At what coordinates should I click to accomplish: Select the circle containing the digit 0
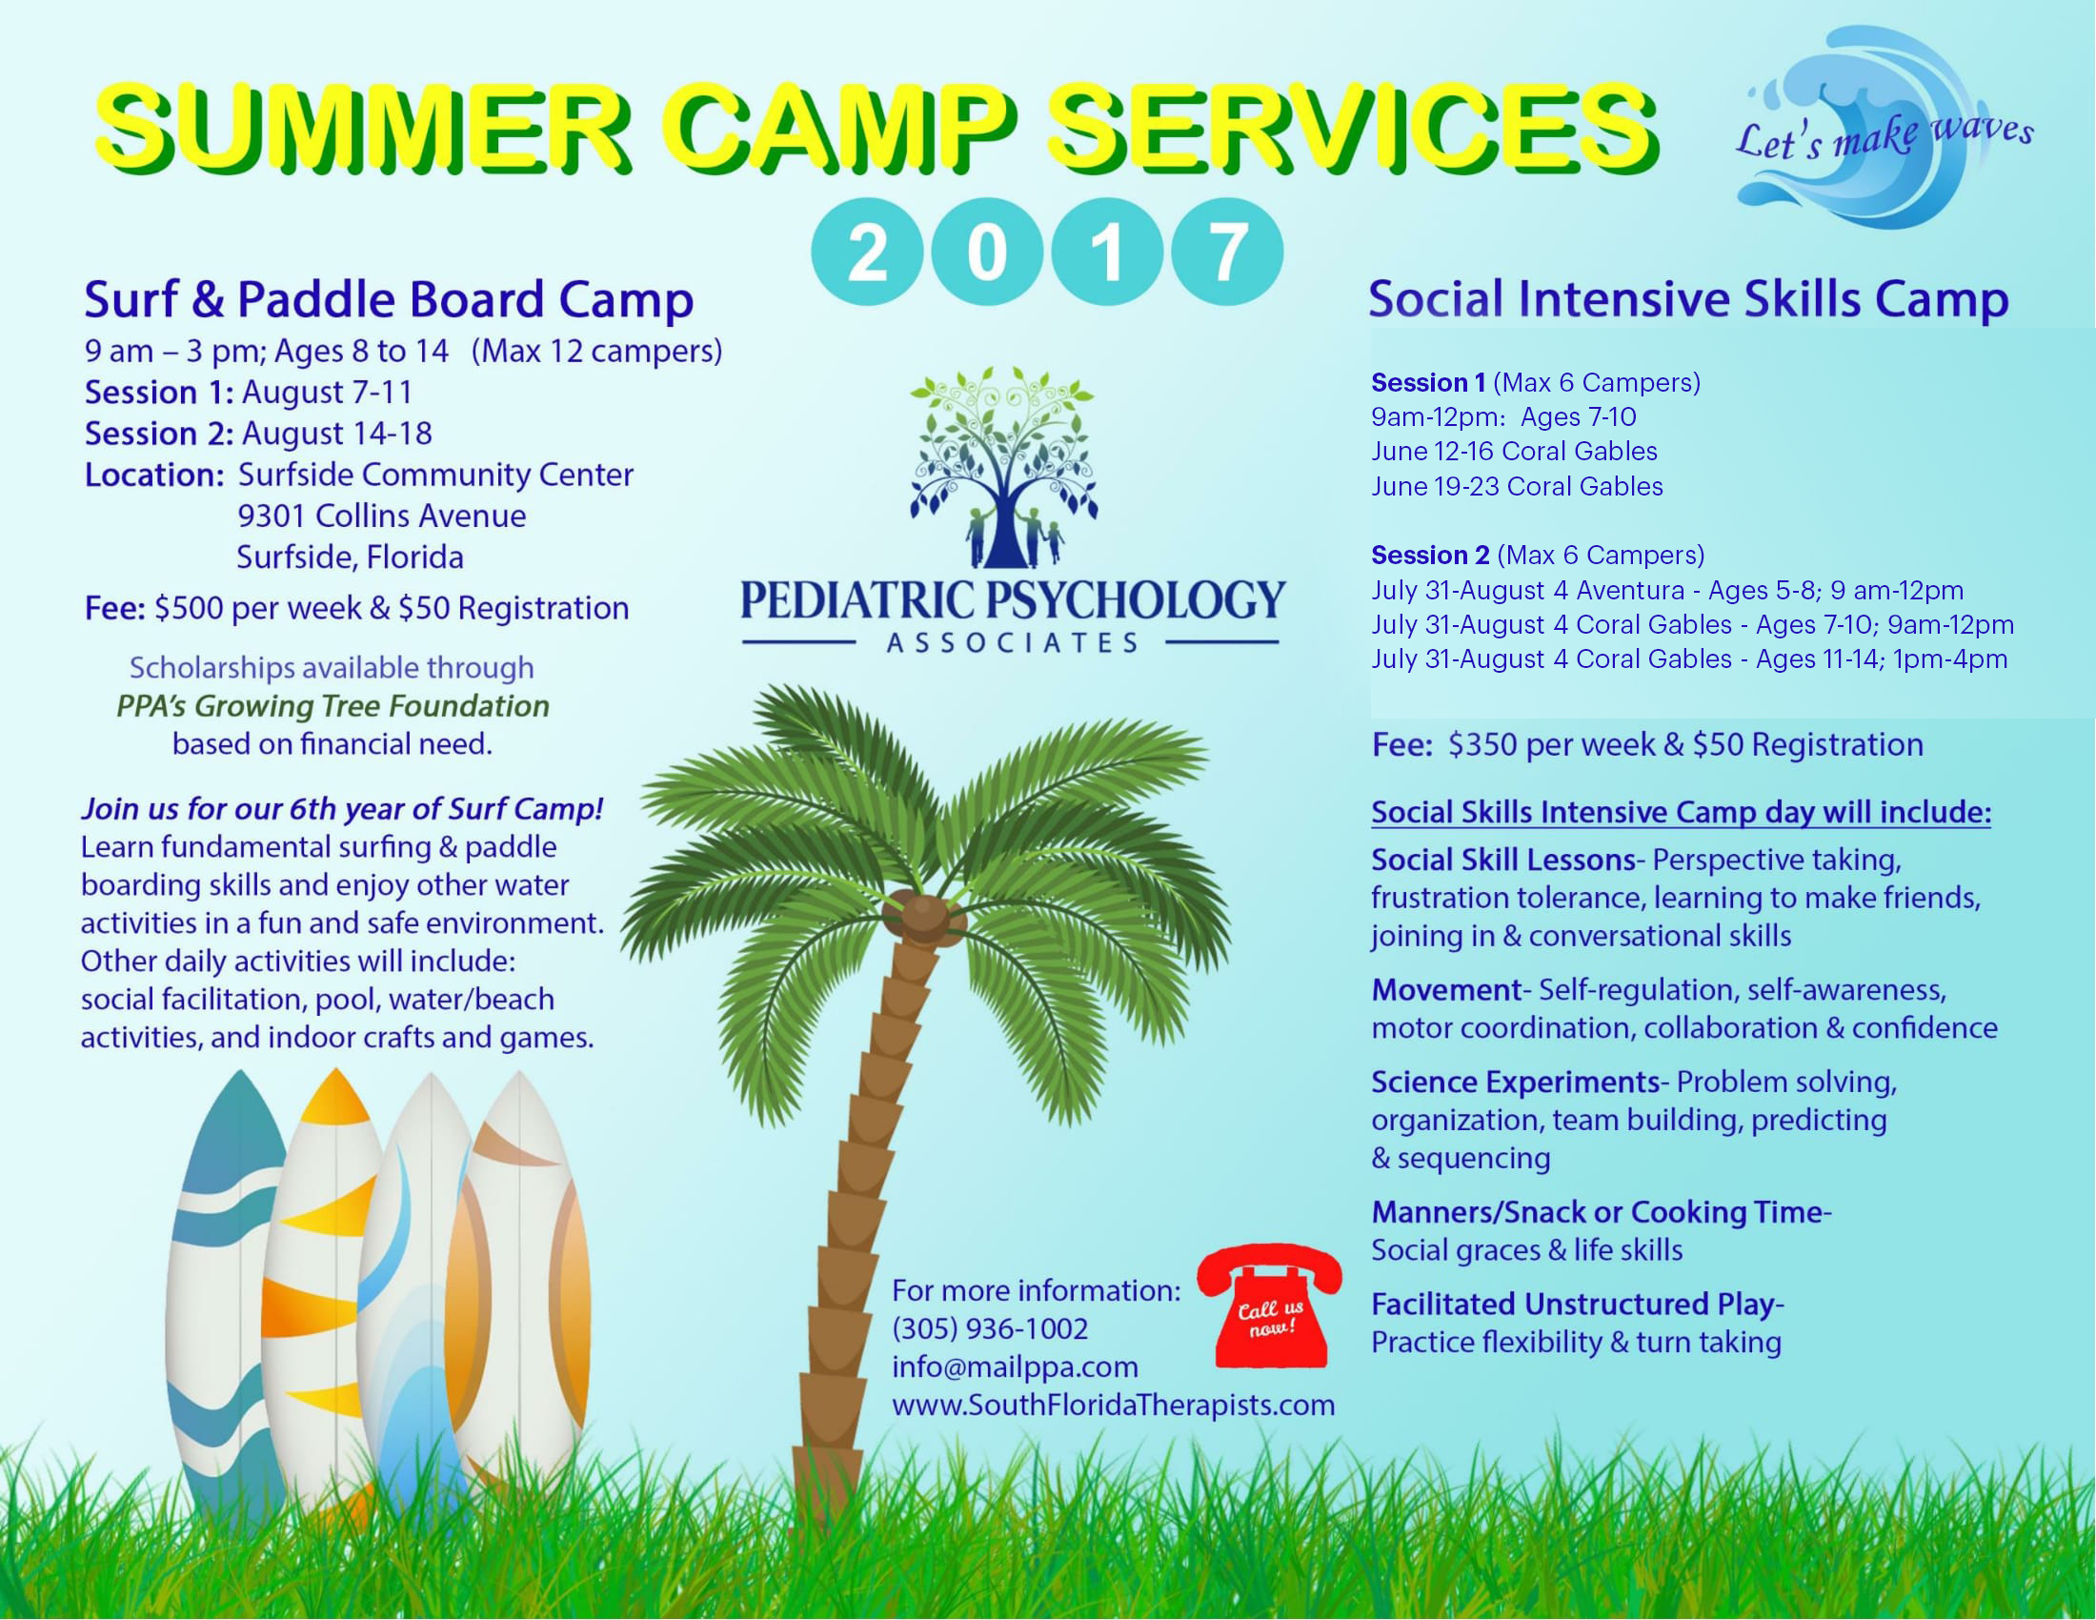tap(988, 252)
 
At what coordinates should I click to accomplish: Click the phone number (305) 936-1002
tap(991, 1329)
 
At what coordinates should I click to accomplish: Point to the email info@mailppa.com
tap(1016, 1367)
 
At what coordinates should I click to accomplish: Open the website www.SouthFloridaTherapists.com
tap(1113, 1405)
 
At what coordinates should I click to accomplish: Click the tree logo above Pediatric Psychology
tap(1002, 468)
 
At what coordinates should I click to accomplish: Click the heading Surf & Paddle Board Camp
tap(389, 299)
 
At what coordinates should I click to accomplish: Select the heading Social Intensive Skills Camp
tap(1688, 299)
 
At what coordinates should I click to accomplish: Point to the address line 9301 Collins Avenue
tap(382, 516)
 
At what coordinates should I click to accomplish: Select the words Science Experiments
tap(1516, 1082)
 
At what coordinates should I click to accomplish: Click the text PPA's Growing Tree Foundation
tap(333, 706)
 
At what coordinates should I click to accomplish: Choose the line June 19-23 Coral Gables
tap(1518, 487)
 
